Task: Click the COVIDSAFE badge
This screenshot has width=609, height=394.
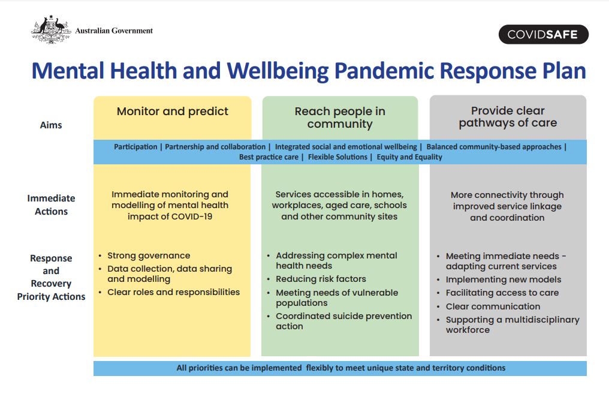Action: (543, 35)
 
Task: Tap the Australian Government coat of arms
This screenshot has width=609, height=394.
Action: (51, 29)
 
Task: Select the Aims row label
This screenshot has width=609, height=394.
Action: (51, 125)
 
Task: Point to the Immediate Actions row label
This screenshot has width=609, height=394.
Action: (51, 204)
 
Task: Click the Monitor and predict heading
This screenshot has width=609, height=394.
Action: (173, 112)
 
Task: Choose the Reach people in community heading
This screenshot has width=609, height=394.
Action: (340, 118)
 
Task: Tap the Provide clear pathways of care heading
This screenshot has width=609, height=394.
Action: (508, 116)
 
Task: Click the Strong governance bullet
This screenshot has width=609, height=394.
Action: (149, 255)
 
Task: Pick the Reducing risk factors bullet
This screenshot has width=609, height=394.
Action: (321, 279)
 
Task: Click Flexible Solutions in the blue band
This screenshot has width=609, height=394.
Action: (337, 157)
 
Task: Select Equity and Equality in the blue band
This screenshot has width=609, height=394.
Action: (409, 157)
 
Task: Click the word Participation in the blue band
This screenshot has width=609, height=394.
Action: (135, 147)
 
